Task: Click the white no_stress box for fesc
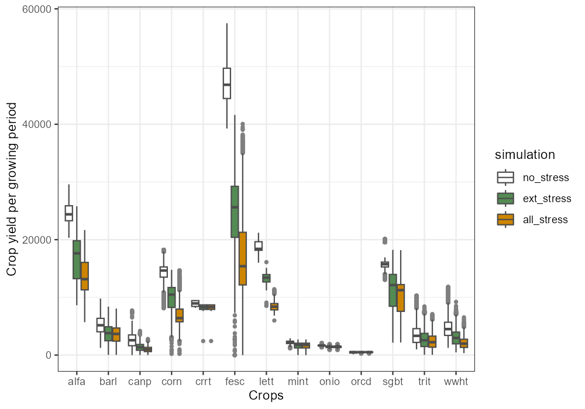227,84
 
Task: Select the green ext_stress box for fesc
235,212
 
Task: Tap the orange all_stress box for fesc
243,258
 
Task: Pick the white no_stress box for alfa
69,213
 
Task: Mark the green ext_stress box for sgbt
393,290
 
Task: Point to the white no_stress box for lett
259,246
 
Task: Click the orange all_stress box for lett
274,307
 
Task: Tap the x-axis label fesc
235,382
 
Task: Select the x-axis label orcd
361,382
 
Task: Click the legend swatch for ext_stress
505,199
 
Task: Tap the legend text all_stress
545,220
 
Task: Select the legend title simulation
525,155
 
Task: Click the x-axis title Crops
266,396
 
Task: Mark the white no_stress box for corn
164,272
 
